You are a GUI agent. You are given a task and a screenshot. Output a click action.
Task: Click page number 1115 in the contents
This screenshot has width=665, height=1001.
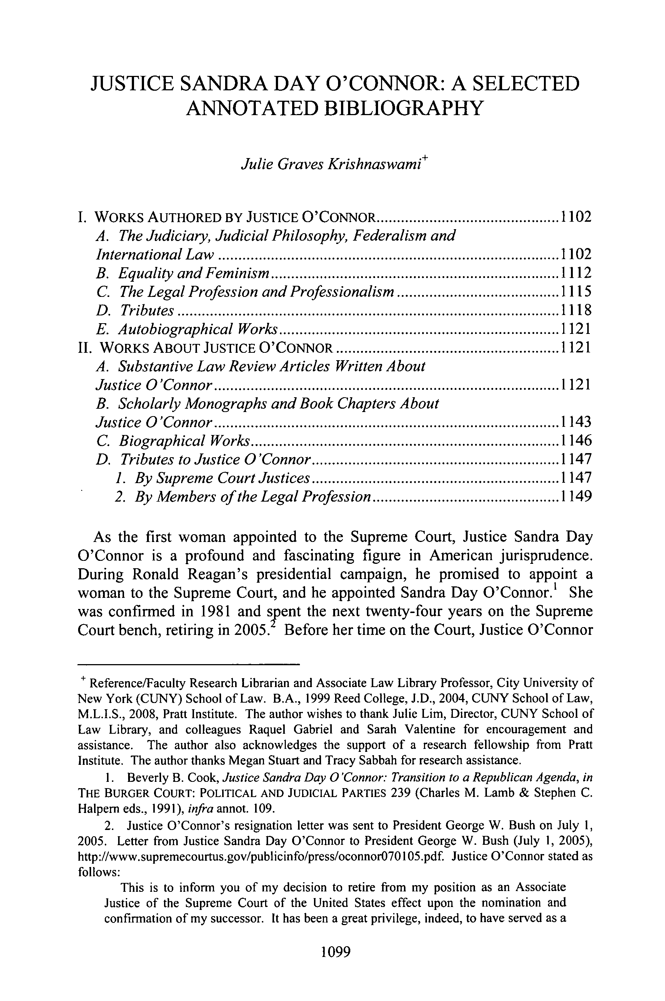coord(575,292)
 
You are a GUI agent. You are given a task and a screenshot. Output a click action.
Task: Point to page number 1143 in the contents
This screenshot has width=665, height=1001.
coord(575,422)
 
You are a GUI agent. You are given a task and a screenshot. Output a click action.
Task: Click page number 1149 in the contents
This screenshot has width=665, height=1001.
coord(575,496)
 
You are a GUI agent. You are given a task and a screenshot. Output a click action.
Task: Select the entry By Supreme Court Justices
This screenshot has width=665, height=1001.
coord(222,478)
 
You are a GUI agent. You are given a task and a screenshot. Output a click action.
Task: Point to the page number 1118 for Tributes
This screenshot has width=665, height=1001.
coord(575,310)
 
